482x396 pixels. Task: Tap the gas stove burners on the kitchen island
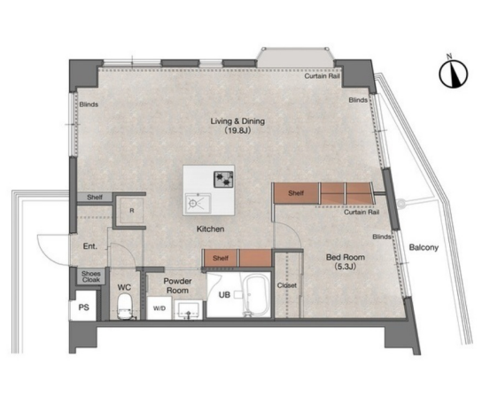click(223, 180)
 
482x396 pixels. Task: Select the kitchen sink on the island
click(198, 203)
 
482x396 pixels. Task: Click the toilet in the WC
click(125, 307)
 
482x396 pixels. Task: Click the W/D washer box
click(159, 308)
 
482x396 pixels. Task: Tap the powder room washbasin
click(188, 310)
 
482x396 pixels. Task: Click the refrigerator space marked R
click(131, 211)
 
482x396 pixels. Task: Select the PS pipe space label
click(83, 307)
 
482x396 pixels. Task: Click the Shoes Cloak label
click(91, 276)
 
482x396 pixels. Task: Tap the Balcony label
click(424, 247)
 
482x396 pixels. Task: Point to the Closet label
click(287, 285)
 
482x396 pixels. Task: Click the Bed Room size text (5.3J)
click(346, 267)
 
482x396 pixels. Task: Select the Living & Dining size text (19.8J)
click(237, 130)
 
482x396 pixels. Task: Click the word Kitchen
click(210, 229)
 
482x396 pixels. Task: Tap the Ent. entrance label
click(90, 246)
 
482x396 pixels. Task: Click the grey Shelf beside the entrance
click(95, 197)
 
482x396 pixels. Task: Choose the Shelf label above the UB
click(221, 259)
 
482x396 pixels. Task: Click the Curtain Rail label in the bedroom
click(361, 212)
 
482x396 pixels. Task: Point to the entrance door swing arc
click(46, 252)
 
